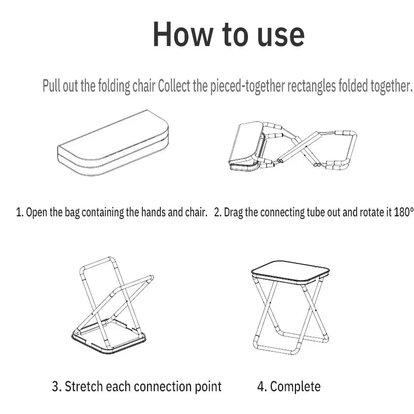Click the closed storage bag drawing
click(113, 143)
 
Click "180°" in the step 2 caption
click(404, 212)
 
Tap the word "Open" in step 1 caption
click(36, 212)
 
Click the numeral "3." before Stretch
click(57, 387)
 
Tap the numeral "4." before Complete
click(262, 387)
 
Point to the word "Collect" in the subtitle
click(174, 86)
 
